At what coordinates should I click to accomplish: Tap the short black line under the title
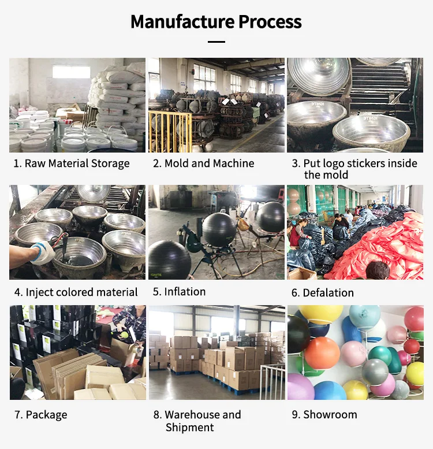click(x=216, y=42)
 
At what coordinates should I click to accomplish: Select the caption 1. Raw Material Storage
click(x=72, y=164)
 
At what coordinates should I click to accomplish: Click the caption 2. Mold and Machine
click(x=203, y=164)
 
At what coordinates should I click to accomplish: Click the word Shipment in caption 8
click(x=190, y=428)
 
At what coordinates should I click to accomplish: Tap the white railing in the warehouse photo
click(x=272, y=381)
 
